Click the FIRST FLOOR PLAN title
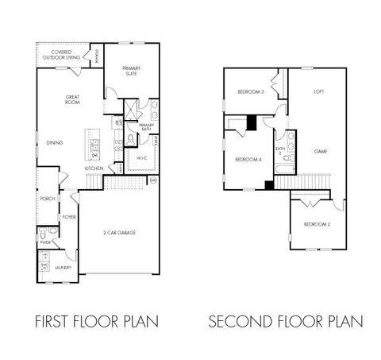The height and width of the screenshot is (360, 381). tap(95, 322)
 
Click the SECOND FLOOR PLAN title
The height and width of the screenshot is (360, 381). tap(286, 322)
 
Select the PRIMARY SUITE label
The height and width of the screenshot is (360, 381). tap(131, 71)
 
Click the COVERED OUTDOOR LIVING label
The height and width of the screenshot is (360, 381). tap(60, 55)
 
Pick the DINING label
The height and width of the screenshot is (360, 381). tap(54, 143)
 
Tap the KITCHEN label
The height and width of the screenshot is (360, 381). tap(94, 168)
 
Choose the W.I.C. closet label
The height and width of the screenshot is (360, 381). tap(143, 157)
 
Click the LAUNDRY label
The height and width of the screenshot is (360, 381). tap(63, 268)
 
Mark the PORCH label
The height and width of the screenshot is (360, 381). tap(47, 199)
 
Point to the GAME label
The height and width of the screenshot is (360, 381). tap(321, 151)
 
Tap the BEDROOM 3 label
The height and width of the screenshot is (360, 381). tap(250, 93)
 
